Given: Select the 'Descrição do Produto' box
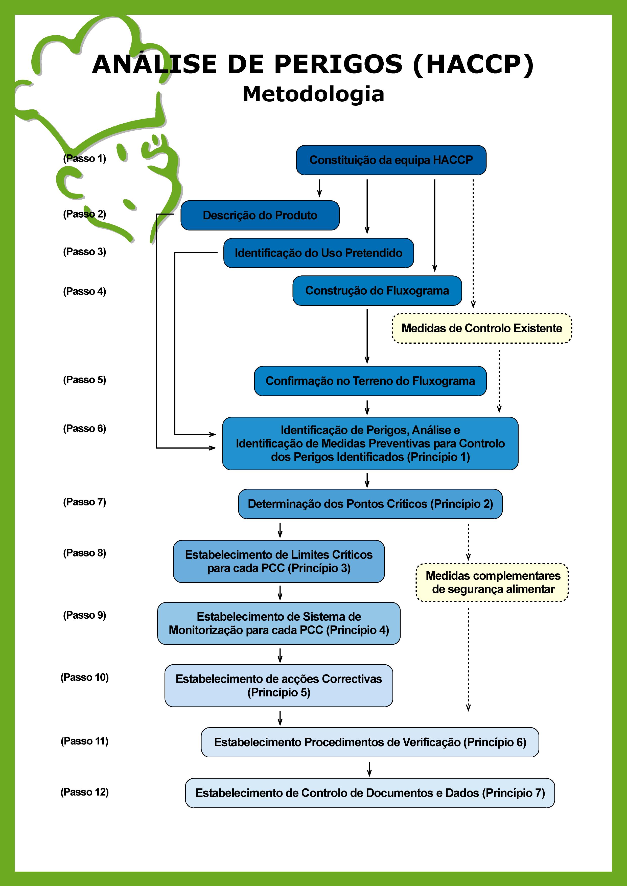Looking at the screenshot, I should tap(260, 215).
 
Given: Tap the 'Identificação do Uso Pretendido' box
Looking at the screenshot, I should tap(318, 253).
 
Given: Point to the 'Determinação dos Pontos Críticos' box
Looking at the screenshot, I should tap(370, 504).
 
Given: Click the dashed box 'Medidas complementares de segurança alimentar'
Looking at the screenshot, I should tap(493, 582).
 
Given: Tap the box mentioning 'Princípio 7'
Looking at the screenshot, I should tap(370, 793).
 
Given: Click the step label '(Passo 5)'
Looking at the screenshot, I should tap(85, 380).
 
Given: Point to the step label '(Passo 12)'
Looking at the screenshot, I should tap(85, 792).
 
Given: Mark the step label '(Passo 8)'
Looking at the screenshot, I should tap(85, 553).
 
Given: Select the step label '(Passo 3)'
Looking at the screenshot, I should tap(85, 252).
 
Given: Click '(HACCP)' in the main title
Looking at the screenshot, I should tap(473, 64).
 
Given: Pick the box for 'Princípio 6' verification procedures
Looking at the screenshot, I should tap(370, 742).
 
